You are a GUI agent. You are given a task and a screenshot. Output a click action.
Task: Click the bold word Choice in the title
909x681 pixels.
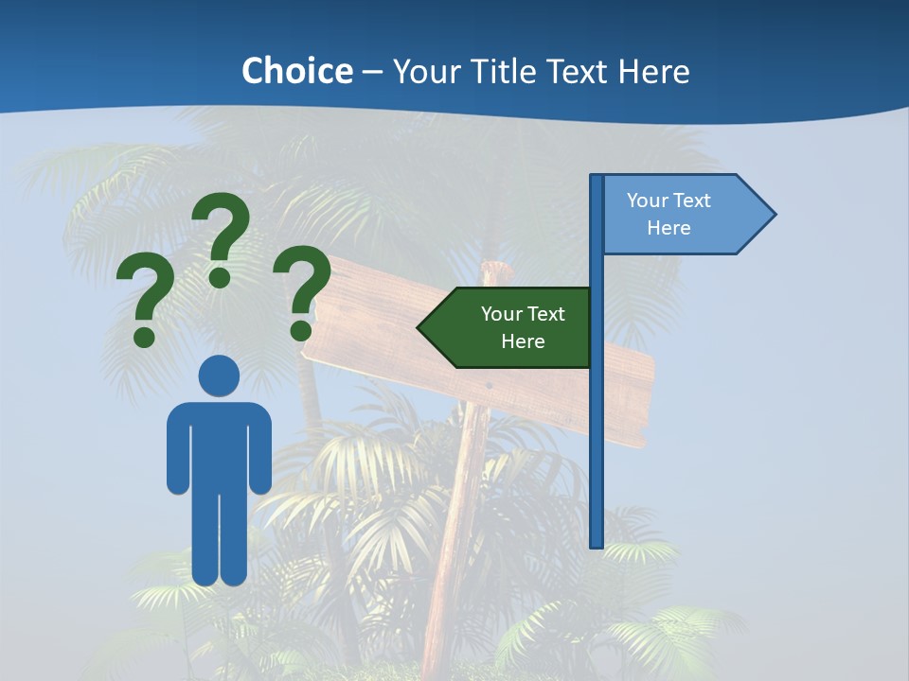click(296, 71)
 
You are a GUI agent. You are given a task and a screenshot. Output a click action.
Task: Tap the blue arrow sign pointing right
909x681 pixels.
click(682, 214)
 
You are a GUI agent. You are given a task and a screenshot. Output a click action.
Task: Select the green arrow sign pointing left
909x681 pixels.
click(511, 327)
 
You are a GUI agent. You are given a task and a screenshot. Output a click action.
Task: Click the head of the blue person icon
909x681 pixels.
click(219, 375)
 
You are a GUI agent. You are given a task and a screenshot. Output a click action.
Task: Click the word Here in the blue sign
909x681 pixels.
click(668, 228)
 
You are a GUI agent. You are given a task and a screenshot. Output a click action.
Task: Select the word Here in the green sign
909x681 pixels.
click(523, 341)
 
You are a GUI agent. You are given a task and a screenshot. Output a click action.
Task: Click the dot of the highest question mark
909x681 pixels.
click(220, 277)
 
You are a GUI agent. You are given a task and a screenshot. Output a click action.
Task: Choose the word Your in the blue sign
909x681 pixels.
click(647, 201)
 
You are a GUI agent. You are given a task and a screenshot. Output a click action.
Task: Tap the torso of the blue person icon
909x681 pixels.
click(219, 445)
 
